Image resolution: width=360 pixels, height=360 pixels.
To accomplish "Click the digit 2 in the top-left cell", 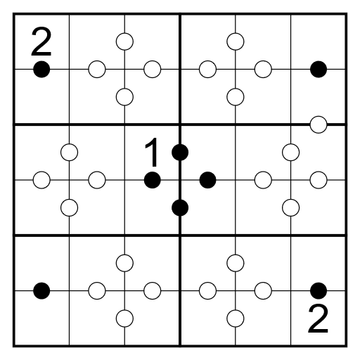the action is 41,41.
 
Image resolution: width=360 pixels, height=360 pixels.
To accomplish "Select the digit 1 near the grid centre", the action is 152,153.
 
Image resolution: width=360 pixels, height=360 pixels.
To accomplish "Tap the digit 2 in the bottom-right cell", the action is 318,319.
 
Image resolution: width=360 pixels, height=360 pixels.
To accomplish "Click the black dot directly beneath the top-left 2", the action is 41,70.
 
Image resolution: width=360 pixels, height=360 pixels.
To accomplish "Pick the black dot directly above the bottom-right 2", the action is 319,291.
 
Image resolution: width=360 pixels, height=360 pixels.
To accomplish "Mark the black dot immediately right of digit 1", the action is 180,153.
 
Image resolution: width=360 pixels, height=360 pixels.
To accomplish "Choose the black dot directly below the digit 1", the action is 153,180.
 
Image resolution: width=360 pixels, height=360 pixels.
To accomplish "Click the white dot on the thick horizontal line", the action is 319,124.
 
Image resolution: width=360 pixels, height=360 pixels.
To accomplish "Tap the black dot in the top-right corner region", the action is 319,70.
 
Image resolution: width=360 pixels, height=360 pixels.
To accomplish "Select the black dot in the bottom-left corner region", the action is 41,291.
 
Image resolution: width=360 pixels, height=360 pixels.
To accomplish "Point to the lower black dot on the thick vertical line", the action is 180,207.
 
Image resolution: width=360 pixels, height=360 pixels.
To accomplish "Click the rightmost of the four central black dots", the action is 207,180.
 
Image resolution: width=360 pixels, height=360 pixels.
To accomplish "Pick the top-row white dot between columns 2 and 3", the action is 124,41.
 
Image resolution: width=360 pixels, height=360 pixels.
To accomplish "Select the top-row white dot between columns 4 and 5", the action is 236,41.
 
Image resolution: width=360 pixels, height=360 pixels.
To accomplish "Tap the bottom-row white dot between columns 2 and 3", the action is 124,319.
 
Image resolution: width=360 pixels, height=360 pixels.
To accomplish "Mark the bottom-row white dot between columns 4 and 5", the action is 236,319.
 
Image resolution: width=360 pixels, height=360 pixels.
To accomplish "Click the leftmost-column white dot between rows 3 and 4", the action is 41,180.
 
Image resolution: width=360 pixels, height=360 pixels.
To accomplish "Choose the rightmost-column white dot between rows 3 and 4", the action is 319,180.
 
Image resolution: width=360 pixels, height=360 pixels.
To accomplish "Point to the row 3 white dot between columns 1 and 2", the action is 70,153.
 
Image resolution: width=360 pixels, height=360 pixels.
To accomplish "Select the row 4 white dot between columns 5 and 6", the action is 291,207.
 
